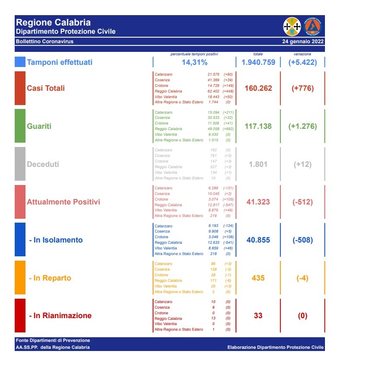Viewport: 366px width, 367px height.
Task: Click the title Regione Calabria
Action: point(53,22)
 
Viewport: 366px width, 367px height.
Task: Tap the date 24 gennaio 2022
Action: point(303,41)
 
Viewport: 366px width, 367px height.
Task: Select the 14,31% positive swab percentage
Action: point(195,62)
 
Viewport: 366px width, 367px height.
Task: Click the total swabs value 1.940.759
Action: point(258,62)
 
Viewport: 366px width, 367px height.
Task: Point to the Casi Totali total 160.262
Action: point(258,88)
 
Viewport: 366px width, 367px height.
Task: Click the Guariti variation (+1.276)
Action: point(302,126)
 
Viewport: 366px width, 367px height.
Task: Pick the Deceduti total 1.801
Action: point(258,164)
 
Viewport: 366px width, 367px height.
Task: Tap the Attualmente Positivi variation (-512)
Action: point(302,202)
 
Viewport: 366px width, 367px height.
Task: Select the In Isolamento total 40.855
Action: point(258,240)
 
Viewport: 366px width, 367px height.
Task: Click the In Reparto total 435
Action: point(258,278)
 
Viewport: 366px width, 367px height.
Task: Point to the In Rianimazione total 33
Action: point(258,316)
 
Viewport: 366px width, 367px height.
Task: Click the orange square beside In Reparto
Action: point(20,278)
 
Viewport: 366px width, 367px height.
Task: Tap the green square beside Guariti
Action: point(20,126)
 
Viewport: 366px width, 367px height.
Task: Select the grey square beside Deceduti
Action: point(20,164)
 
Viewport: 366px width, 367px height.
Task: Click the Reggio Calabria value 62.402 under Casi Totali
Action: point(213,91)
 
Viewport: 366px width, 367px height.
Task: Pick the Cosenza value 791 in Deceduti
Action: point(213,156)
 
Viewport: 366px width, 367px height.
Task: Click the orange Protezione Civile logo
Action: point(313,27)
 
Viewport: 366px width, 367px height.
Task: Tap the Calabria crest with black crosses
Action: point(292,27)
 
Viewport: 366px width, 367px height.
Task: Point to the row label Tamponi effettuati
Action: point(60,62)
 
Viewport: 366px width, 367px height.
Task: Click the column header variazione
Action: point(302,54)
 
